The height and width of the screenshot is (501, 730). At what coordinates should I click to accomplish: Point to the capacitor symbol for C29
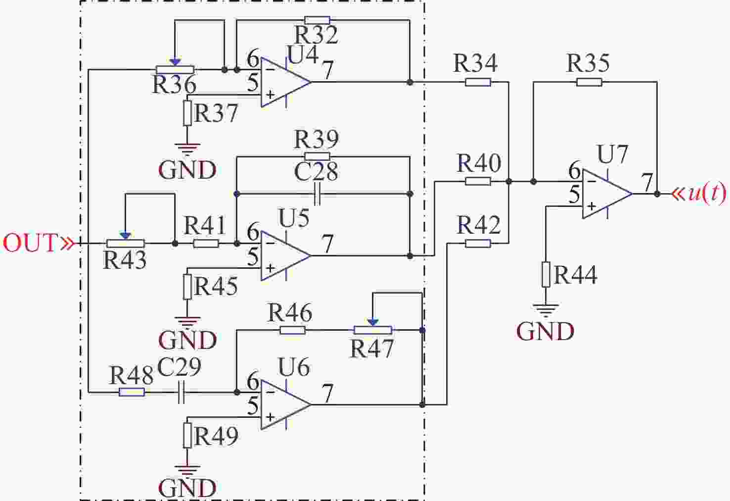pyautogui.click(x=181, y=392)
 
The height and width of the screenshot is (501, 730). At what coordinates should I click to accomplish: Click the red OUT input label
pyautogui.click(x=31, y=243)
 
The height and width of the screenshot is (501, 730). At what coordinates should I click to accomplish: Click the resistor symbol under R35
pyautogui.click(x=589, y=82)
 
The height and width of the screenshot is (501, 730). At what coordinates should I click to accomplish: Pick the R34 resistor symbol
pyautogui.click(x=478, y=82)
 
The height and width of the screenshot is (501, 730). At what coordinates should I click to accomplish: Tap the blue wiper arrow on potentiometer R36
pyautogui.click(x=175, y=61)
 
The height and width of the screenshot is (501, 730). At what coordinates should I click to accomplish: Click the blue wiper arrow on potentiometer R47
pyautogui.click(x=373, y=322)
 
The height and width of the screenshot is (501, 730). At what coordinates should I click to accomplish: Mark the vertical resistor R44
pyautogui.click(x=546, y=274)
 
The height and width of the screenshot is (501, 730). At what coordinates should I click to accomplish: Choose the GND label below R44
pyautogui.click(x=545, y=332)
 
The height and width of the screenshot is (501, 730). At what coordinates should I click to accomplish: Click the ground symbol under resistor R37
pyautogui.click(x=187, y=148)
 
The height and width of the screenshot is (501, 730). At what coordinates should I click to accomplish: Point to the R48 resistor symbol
pyautogui.click(x=132, y=392)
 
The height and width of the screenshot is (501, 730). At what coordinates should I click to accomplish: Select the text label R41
pyautogui.click(x=205, y=226)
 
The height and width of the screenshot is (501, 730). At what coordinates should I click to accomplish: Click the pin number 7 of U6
pyautogui.click(x=327, y=394)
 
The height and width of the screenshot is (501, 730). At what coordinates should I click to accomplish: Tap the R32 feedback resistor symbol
pyautogui.click(x=317, y=20)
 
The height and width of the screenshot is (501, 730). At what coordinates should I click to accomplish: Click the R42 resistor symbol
pyautogui.click(x=478, y=243)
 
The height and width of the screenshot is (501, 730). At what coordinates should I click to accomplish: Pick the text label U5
pyautogui.click(x=294, y=218)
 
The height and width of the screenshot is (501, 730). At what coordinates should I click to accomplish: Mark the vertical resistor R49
pyautogui.click(x=187, y=435)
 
